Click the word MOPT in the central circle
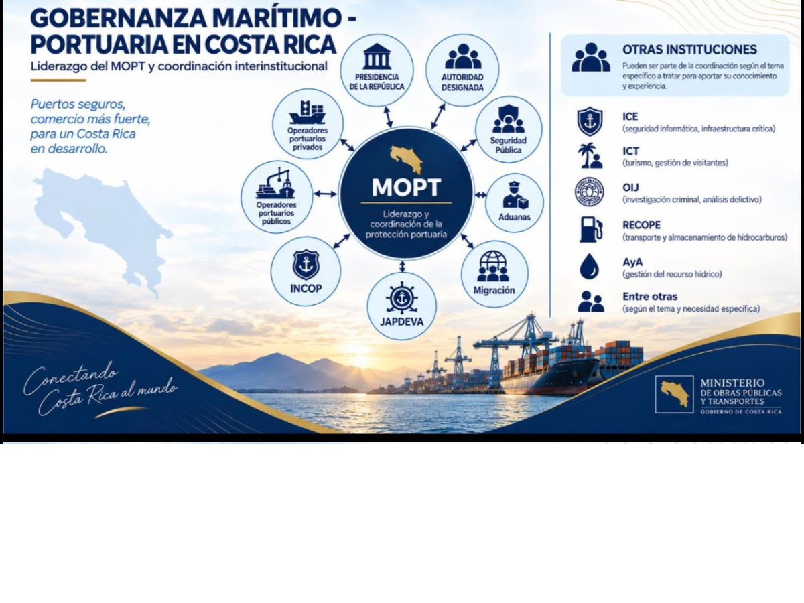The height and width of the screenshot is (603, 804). pos(406,188)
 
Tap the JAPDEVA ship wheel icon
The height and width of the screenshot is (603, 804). pos(401,298)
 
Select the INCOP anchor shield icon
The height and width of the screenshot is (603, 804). pos(306,265)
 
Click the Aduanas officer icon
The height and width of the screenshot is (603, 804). pos(515,196)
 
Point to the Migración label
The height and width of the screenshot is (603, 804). pos(494,290)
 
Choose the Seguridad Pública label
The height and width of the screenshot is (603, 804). pos(508,145)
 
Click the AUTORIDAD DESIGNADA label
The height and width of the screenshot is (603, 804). pos(462,82)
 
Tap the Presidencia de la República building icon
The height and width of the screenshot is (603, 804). pos(377,56)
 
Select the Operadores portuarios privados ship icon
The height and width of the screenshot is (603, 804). pos(308,113)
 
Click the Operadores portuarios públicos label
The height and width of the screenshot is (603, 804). pos(276,213)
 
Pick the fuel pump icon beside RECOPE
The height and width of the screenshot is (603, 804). pos(590,230)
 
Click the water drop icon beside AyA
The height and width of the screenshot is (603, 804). pos(589,266)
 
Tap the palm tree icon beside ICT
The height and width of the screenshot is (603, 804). pos(590,155)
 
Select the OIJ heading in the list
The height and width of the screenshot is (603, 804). pos(630,188)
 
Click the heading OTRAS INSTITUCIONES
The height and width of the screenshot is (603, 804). pos(689,50)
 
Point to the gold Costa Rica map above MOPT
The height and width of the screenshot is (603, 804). pos(406,159)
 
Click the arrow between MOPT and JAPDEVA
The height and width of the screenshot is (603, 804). pos(402,266)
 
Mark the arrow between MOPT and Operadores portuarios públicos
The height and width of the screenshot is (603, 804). pos(326,194)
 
